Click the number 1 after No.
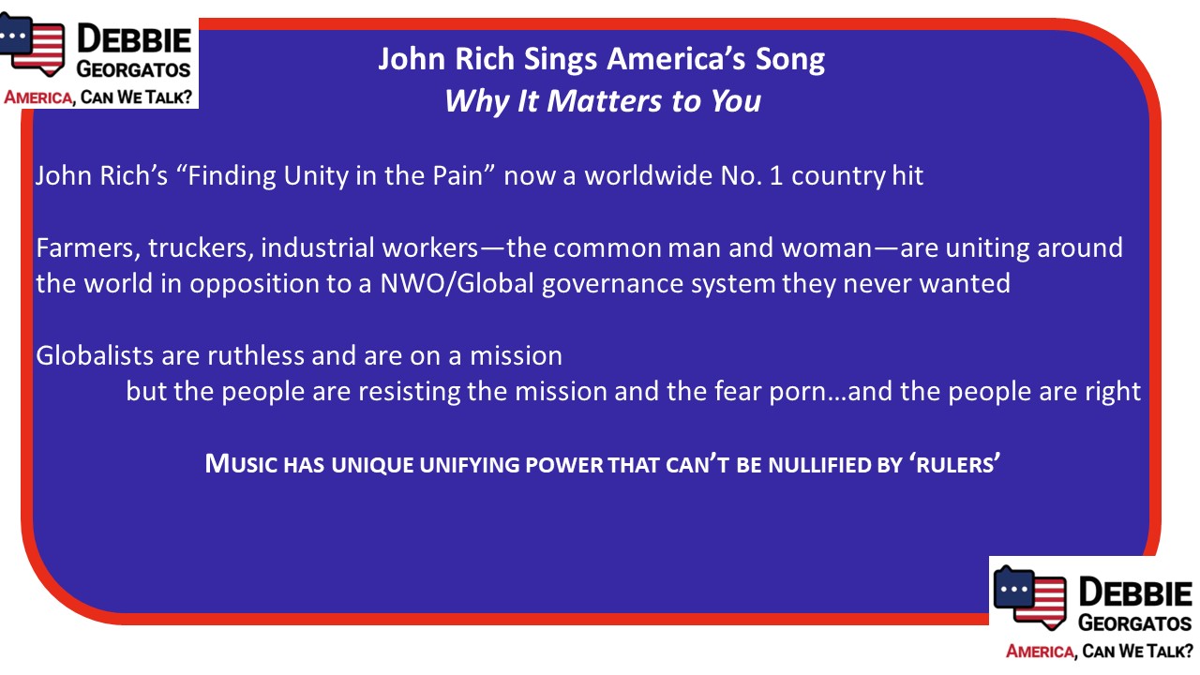point(775,175)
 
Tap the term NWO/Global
point(457,283)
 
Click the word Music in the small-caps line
point(241,464)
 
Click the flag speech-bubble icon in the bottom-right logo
point(1029,597)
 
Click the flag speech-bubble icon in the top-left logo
point(31,44)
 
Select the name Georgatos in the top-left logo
point(133,69)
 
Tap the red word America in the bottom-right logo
point(1040,652)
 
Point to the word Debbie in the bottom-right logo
point(1135,592)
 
